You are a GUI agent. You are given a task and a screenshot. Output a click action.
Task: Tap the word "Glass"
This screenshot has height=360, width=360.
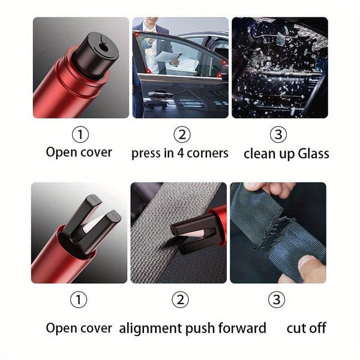coord(311,154)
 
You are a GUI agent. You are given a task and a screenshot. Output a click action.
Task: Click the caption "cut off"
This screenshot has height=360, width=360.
coord(306,328)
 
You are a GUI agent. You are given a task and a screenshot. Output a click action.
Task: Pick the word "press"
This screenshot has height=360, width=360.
coord(147,154)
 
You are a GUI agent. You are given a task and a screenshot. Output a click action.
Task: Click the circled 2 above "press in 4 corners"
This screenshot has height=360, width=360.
coord(181,134)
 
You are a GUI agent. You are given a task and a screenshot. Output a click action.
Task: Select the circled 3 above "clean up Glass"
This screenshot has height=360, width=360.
coord(278,134)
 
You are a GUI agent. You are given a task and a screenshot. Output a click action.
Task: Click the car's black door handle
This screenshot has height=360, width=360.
coord(160,95)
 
